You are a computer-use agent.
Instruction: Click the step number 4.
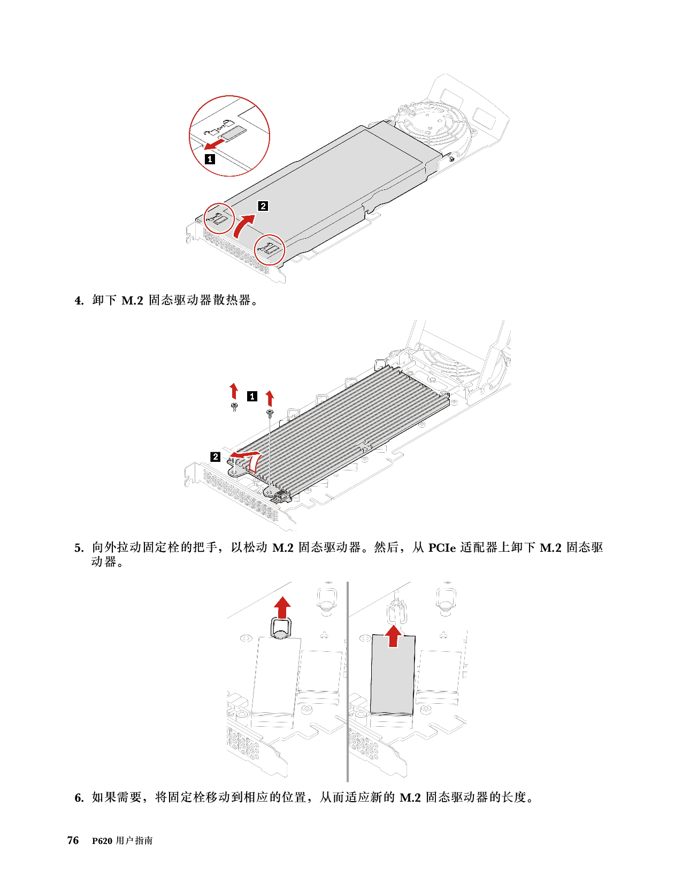79,301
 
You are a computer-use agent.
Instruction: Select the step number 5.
79,548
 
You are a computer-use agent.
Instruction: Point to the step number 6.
79,798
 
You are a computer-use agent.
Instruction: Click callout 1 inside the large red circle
210,159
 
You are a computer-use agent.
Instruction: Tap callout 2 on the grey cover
263,206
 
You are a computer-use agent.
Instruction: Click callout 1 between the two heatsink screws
252,396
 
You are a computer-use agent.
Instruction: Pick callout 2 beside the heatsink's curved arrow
215,456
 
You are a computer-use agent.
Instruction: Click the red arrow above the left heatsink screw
234,391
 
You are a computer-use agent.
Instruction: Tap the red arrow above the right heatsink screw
269,399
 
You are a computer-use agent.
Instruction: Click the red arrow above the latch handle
282,607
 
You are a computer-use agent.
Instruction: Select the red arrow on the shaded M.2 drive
393,636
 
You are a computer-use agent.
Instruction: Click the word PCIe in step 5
442,548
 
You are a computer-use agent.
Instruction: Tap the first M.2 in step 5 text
283,548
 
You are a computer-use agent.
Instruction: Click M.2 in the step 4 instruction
133,301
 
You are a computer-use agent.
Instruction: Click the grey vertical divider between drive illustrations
348,681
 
